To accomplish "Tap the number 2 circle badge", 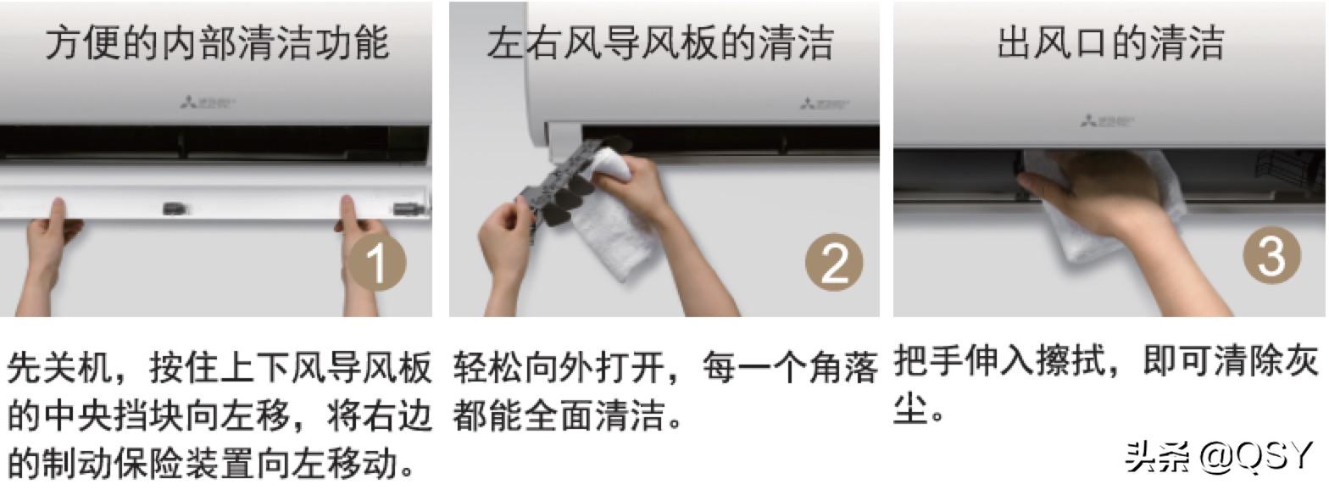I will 834,264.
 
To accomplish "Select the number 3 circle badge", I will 1271,254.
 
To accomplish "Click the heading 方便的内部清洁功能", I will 217,43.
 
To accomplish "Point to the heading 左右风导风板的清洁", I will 660,43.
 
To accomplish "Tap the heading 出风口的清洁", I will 1110,43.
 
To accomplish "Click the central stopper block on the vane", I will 175,206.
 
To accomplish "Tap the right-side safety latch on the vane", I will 405,207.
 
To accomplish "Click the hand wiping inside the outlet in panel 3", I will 1093,191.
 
